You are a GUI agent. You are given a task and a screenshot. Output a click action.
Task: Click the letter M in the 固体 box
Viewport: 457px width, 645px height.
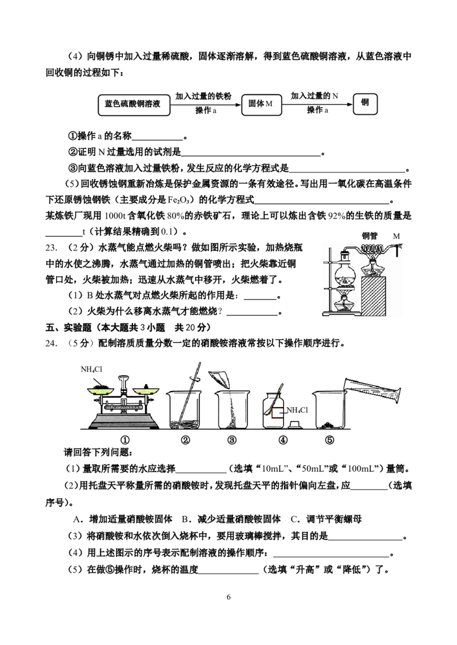coord(269,105)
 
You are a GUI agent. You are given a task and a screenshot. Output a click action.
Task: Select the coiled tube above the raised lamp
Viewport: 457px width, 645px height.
coord(372,249)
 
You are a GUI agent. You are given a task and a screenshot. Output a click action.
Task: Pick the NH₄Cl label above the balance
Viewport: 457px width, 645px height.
coord(91,370)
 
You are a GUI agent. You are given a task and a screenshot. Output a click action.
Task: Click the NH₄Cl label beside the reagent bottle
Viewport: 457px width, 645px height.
coord(296,410)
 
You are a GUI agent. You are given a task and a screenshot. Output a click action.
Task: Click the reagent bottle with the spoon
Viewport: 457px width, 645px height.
coord(274,412)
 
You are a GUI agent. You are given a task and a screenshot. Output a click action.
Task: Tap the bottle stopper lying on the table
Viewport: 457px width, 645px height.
coord(295,425)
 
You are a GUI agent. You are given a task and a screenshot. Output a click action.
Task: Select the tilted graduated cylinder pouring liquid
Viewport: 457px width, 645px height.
coord(371,389)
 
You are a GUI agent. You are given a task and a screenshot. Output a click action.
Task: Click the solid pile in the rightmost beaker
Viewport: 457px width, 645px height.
coord(329,424)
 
